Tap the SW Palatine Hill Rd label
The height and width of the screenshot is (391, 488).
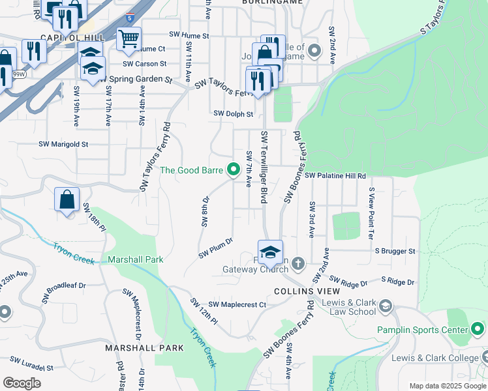coord(335,176)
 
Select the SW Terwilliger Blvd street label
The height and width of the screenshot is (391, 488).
coord(264,168)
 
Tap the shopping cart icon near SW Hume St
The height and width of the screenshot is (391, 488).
coord(128,38)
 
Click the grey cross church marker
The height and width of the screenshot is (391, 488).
coord(297,263)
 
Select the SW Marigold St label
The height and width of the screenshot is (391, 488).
coord(63,144)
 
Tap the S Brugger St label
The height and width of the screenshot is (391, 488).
coord(393,251)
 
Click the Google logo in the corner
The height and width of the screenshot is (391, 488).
coord(22,383)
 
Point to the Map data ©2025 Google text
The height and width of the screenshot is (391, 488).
coord(447,386)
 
